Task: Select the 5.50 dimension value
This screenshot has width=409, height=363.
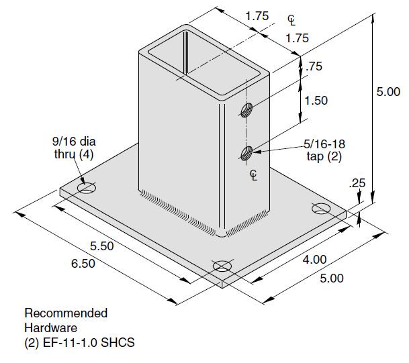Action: (x=103, y=246)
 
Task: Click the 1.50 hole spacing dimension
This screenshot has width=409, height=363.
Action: (x=316, y=100)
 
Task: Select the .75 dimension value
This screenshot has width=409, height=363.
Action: (x=313, y=66)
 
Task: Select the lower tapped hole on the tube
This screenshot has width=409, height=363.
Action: (x=246, y=152)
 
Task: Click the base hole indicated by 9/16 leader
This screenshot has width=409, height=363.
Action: (x=86, y=189)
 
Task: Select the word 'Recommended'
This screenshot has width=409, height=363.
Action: (x=66, y=313)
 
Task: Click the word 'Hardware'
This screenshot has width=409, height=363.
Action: (x=50, y=328)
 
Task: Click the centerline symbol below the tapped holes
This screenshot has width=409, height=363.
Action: (x=253, y=175)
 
